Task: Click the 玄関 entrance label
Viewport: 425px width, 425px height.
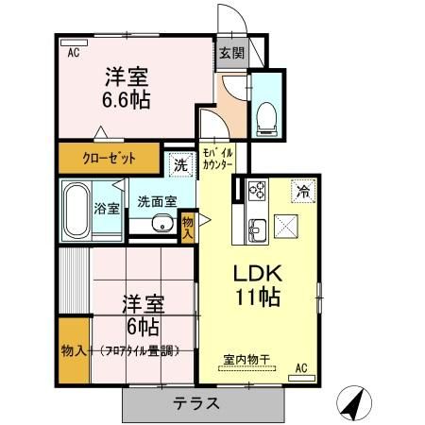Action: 230,53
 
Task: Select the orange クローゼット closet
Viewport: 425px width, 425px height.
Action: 110,158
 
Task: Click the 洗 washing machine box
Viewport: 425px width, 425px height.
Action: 179,166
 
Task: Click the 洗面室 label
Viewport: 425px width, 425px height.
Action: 157,200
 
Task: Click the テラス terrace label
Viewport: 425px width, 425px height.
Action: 196,403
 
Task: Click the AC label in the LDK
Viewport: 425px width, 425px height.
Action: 302,367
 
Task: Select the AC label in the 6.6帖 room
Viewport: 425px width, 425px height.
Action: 73,53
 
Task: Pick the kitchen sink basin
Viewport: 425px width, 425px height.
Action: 255,228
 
